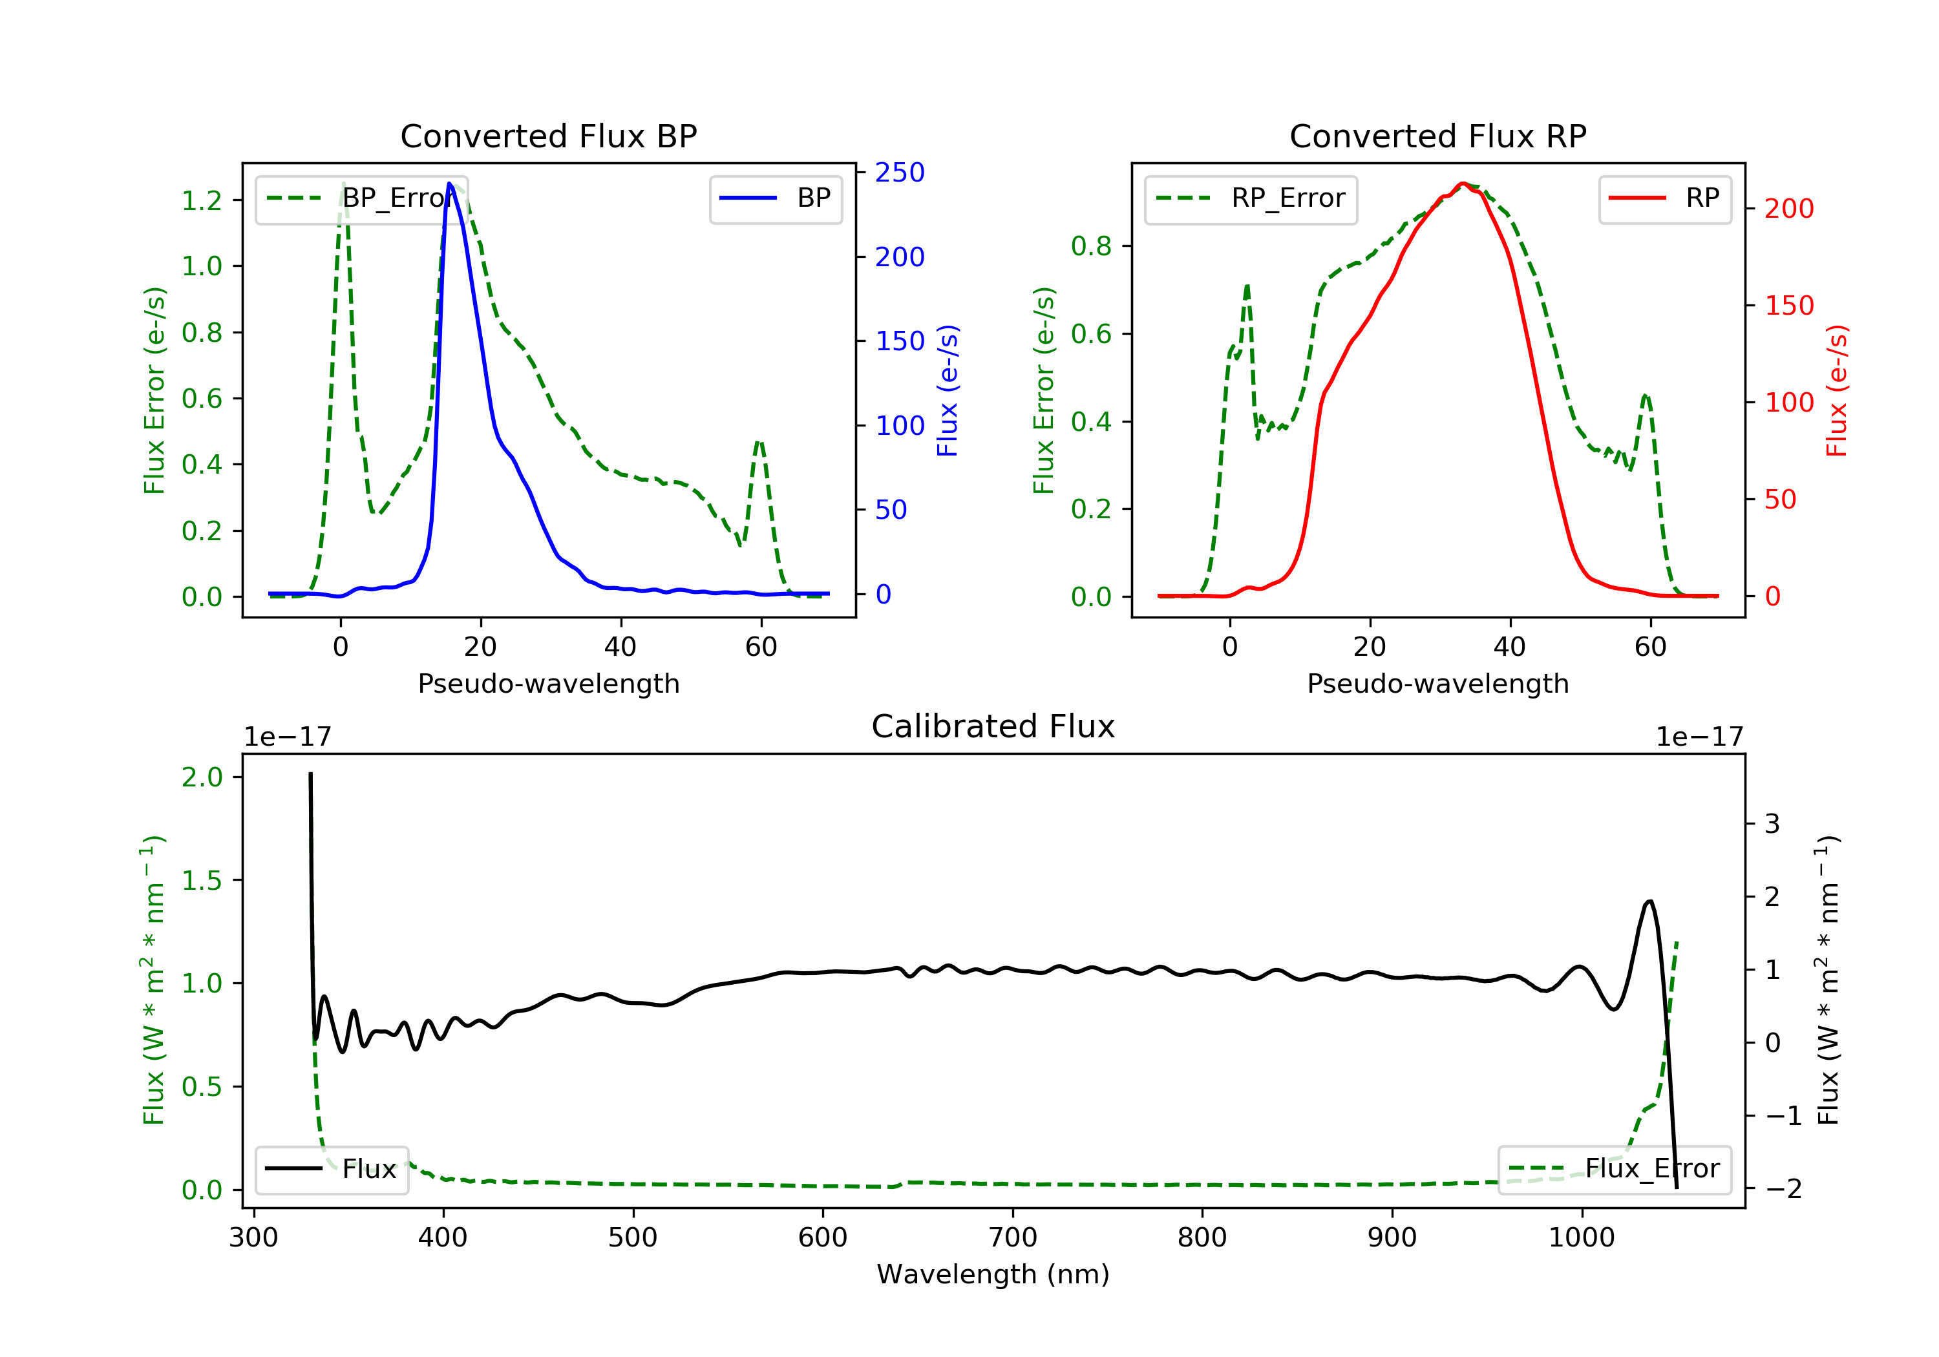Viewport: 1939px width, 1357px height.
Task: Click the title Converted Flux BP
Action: [548, 136]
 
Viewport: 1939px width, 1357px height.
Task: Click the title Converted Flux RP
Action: [1437, 136]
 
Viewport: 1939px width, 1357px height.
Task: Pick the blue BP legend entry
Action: [775, 198]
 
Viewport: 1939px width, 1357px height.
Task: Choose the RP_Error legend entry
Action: [1251, 198]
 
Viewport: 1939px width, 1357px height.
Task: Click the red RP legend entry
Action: [1664, 198]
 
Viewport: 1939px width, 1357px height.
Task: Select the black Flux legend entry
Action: [331, 1169]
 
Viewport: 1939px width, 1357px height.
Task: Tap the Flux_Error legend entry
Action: [1614, 1169]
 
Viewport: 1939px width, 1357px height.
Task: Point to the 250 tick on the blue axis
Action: [900, 173]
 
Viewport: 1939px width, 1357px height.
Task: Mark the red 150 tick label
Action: [1788, 306]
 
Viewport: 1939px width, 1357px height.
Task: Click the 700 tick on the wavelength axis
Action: [1013, 1238]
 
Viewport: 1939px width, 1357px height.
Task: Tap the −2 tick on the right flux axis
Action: [1783, 1189]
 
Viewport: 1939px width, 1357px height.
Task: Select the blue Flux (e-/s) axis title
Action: [948, 390]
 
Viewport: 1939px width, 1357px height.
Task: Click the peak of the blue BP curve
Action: [449, 184]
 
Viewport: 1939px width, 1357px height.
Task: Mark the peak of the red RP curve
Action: [1463, 184]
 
